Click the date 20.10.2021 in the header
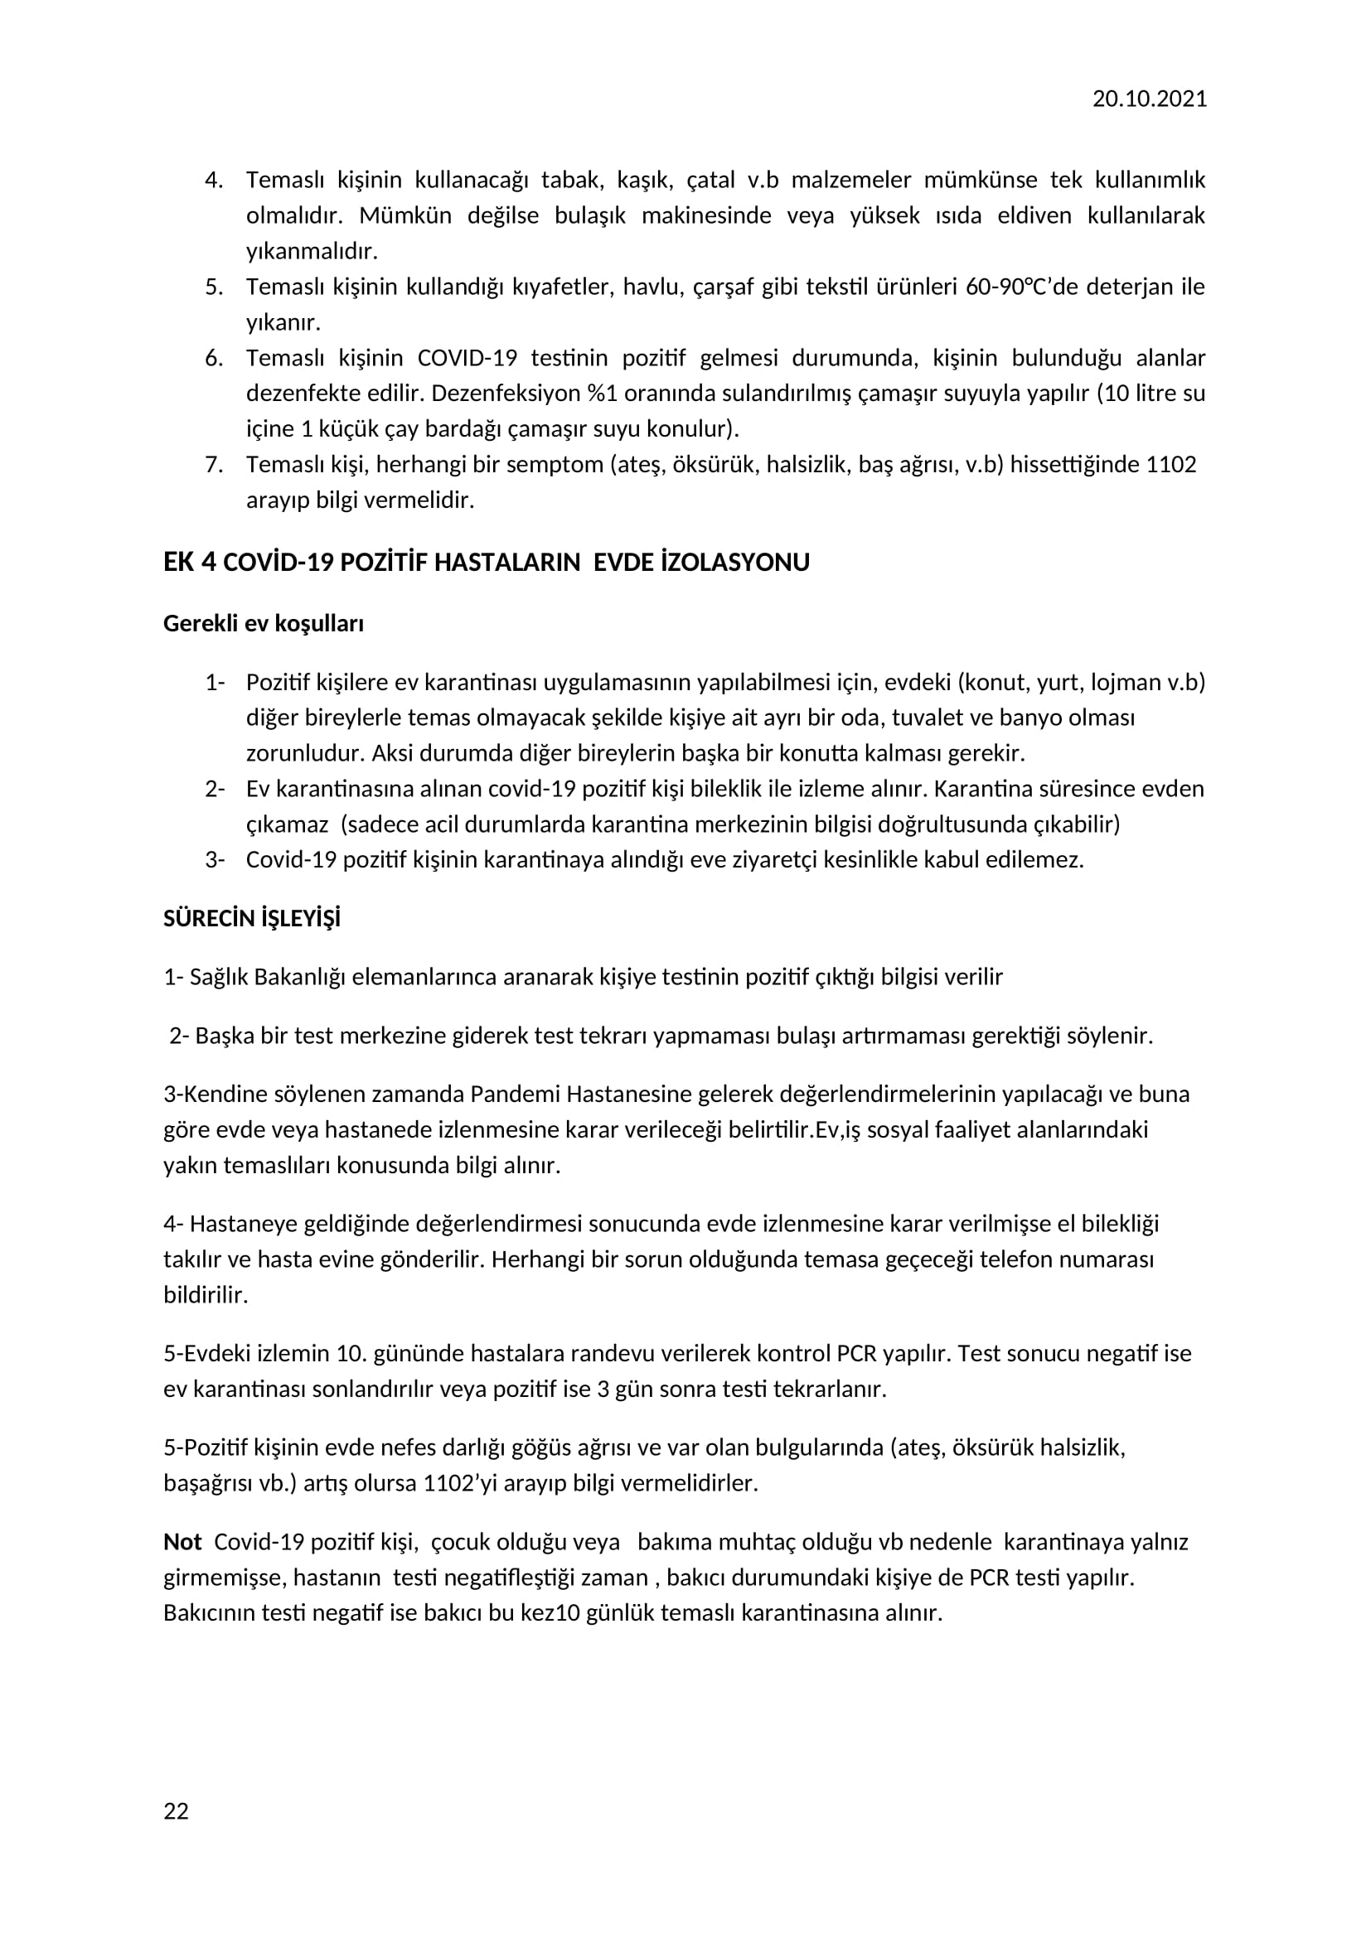point(1149,99)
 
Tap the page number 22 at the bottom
point(176,1811)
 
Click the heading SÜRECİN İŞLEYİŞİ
point(252,918)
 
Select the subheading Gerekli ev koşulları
point(264,624)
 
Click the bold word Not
point(182,1542)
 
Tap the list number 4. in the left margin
point(215,180)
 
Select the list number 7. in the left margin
point(215,464)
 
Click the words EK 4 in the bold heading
point(189,562)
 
